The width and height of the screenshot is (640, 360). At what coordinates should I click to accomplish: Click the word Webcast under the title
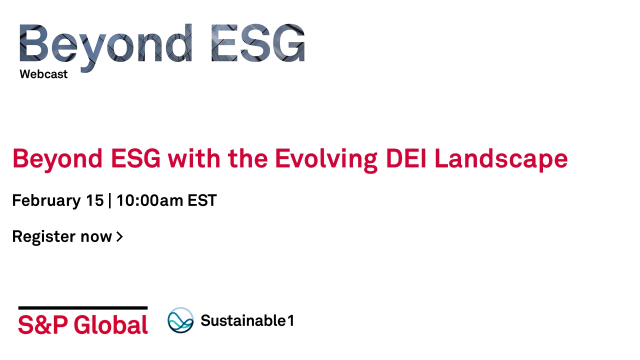43,74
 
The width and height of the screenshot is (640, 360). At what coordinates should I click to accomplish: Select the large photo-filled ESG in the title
258,43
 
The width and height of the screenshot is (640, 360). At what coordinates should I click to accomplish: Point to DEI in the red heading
406,158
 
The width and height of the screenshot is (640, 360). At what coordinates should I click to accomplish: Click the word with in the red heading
194,158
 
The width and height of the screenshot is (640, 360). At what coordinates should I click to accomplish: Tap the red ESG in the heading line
135,158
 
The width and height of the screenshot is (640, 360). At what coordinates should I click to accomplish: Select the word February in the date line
46,200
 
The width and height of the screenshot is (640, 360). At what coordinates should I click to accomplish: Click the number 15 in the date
95,200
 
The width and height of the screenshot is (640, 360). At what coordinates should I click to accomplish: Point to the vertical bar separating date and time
110,200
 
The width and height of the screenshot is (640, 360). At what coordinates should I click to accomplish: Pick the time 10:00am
149,200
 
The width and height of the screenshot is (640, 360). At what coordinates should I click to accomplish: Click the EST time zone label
202,200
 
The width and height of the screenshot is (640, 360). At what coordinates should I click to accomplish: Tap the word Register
44,237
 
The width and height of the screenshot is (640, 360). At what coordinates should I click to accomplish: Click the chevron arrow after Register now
119,236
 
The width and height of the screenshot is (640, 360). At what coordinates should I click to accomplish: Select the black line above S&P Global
83,308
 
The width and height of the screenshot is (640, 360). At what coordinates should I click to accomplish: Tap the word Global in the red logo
111,324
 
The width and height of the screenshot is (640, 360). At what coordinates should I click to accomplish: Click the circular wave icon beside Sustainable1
180,320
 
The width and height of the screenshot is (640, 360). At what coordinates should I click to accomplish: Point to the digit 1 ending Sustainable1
290,320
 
